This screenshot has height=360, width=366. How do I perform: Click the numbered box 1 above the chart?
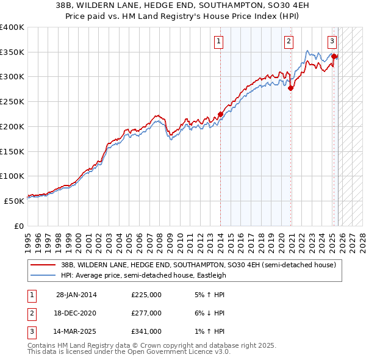(x=218, y=41)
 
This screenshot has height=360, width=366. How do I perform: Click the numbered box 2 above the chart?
(x=288, y=41)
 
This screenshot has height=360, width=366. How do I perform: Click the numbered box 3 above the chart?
(x=332, y=41)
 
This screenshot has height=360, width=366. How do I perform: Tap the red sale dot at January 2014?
(x=220, y=113)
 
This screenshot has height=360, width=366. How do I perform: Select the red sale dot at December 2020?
(x=291, y=88)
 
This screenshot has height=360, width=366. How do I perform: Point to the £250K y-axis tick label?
(x=12, y=101)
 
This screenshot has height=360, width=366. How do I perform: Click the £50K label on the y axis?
(x=15, y=201)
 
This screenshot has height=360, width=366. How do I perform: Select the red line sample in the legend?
(x=43, y=265)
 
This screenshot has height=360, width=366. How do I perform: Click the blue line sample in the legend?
(x=43, y=275)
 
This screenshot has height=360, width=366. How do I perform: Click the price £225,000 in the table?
(x=146, y=295)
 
